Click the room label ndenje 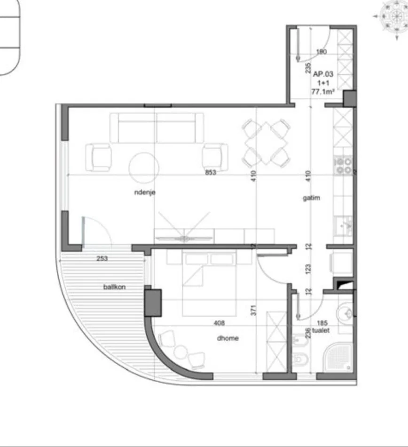(145, 192)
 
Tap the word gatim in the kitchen (311, 198)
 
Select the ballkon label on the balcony (114, 287)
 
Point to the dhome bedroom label (228, 338)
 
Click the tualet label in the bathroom (321, 330)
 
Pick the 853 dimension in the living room (211, 172)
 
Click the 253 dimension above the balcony (102, 258)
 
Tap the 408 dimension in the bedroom (219, 323)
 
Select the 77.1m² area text (322, 92)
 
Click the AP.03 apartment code (323, 74)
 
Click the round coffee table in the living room (144, 168)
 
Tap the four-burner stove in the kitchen (343, 166)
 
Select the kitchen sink (344, 225)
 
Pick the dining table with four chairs (266, 144)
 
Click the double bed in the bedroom (209, 284)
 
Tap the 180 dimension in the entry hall (321, 52)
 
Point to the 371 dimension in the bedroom (253, 310)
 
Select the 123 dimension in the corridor (308, 269)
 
